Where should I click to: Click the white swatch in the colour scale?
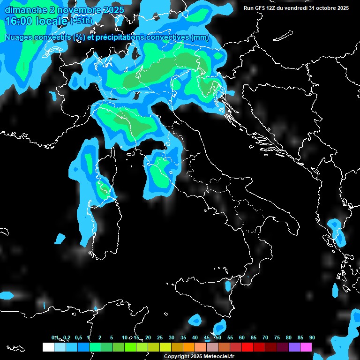[48, 347]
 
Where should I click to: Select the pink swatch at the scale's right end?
[306, 347]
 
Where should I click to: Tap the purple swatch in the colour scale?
[294, 347]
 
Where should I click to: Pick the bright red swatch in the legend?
[247, 347]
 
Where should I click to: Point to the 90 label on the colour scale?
[312, 337]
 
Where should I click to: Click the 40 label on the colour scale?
[195, 337]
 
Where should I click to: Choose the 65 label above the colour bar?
[254, 337]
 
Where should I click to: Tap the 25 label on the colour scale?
[160, 337]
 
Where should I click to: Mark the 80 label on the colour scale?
[289, 337]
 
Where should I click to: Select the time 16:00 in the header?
[18, 21]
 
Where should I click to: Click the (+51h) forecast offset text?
[82, 22]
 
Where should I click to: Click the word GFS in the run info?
[260, 8]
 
